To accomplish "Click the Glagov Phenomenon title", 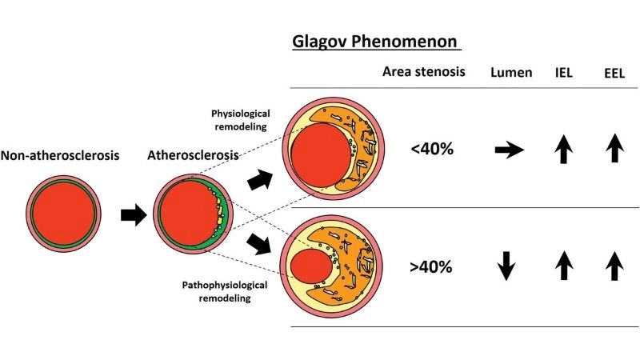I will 376,42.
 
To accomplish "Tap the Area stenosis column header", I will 423,73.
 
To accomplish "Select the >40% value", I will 431,266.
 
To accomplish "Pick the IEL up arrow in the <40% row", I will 566,148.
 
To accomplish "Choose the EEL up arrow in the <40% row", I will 614,148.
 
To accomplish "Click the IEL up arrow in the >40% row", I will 566,264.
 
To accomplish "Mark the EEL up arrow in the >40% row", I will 614,264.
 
